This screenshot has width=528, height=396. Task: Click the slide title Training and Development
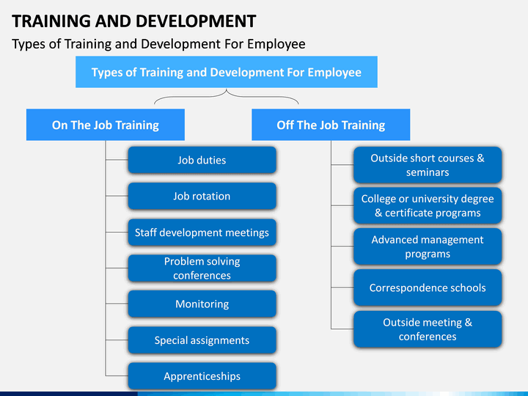134,21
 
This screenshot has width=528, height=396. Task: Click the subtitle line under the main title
158,44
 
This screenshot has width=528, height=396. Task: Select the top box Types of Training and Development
226,73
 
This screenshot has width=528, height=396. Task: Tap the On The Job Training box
106,125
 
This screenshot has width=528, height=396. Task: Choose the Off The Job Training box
331,125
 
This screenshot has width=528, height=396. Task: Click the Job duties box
202,160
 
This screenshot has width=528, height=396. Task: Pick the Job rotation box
202,196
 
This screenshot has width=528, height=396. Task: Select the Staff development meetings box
202,232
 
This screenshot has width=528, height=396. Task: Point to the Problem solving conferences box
202,268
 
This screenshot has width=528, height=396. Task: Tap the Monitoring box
202,304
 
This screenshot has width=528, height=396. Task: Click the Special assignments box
202,340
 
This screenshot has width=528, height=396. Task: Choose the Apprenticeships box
202,376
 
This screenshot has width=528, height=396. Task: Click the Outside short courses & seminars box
428,165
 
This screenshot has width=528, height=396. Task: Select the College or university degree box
428,205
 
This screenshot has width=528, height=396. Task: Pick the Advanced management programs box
428,246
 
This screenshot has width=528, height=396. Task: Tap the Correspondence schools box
428,287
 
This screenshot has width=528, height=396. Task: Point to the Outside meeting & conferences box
428,329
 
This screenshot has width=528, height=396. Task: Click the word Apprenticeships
202,376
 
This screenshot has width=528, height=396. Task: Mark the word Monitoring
202,304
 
